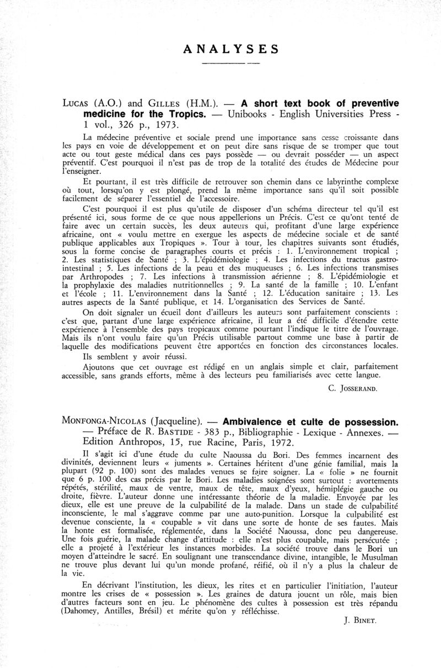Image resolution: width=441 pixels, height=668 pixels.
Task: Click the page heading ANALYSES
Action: [231, 49]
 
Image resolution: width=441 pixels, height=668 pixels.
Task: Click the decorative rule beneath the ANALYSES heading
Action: [231, 64]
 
